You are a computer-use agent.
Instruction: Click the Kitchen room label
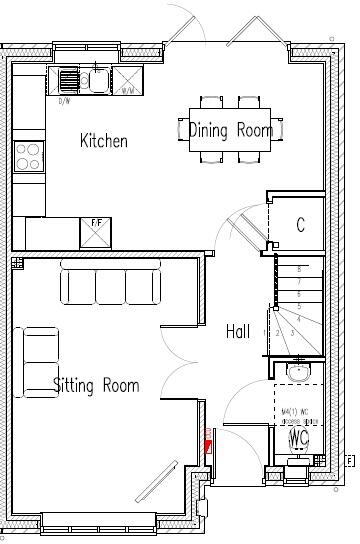[x=104, y=141]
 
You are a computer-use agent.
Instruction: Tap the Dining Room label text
[x=231, y=130]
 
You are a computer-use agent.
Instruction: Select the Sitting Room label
[x=96, y=385]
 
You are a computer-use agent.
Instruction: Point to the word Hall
[x=238, y=331]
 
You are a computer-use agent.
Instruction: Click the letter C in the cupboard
[x=299, y=226]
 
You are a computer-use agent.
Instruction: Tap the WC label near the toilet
[x=299, y=437]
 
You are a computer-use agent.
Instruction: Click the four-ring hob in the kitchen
[x=29, y=156]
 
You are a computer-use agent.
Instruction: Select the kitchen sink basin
[x=98, y=79]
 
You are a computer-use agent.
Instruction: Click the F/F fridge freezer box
[x=95, y=232]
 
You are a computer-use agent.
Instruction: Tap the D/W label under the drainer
[x=65, y=101]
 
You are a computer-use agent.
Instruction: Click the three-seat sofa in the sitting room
[x=112, y=284]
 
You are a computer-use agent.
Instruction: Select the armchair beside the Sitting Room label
[x=40, y=349]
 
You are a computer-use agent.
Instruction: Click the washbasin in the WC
[x=298, y=372]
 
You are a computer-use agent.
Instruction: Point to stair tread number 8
[x=298, y=270]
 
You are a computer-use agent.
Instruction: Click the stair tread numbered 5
[x=298, y=306]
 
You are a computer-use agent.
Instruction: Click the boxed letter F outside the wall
[x=349, y=461]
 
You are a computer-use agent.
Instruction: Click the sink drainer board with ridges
[x=68, y=79]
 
